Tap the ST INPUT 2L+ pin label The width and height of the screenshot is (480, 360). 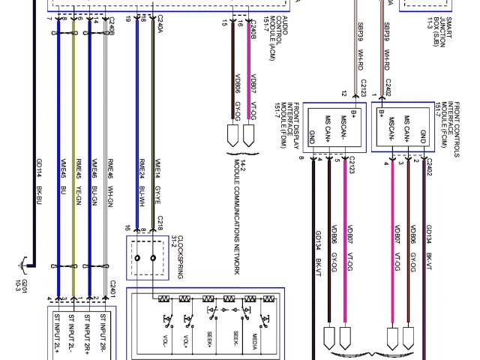57,333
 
